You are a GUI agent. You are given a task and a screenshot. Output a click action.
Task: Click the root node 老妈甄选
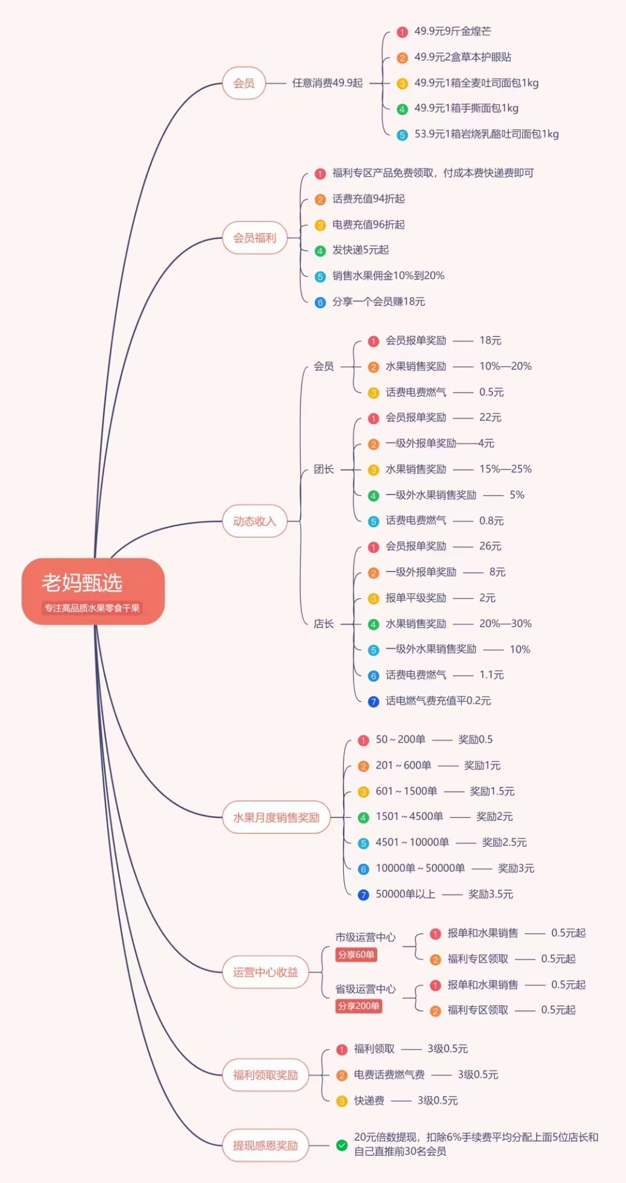click(93, 591)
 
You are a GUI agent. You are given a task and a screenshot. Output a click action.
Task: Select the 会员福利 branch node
click(255, 238)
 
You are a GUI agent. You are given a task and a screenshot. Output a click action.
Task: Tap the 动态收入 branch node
click(254, 521)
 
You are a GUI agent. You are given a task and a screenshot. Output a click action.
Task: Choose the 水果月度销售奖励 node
click(276, 817)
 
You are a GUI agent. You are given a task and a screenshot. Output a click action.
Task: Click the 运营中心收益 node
click(265, 972)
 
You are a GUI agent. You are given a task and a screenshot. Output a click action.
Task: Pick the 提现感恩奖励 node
click(265, 1145)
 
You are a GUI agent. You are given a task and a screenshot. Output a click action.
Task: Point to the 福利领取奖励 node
click(265, 1075)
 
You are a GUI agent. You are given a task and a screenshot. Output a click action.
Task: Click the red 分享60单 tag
click(356, 955)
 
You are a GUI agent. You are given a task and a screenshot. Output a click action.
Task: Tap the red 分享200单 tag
click(359, 1006)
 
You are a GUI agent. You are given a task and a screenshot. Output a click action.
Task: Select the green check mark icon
click(342, 1145)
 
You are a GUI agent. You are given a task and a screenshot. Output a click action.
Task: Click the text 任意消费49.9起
click(327, 83)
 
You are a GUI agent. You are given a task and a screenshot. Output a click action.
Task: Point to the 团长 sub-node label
click(323, 469)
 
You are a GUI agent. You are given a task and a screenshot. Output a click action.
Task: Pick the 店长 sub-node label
click(323, 624)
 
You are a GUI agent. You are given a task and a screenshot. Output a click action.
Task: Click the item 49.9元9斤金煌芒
click(453, 31)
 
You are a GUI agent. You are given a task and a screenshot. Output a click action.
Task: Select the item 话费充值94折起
click(369, 199)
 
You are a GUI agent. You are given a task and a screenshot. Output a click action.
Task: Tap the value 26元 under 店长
click(490, 546)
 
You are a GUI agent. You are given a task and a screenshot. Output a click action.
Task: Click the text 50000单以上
click(405, 894)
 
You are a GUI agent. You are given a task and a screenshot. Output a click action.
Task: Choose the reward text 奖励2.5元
click(504, 842)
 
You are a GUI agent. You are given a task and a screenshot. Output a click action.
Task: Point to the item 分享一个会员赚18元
click(378, 301)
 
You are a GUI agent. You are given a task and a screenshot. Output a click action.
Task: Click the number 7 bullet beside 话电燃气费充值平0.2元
click(374, 701)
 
